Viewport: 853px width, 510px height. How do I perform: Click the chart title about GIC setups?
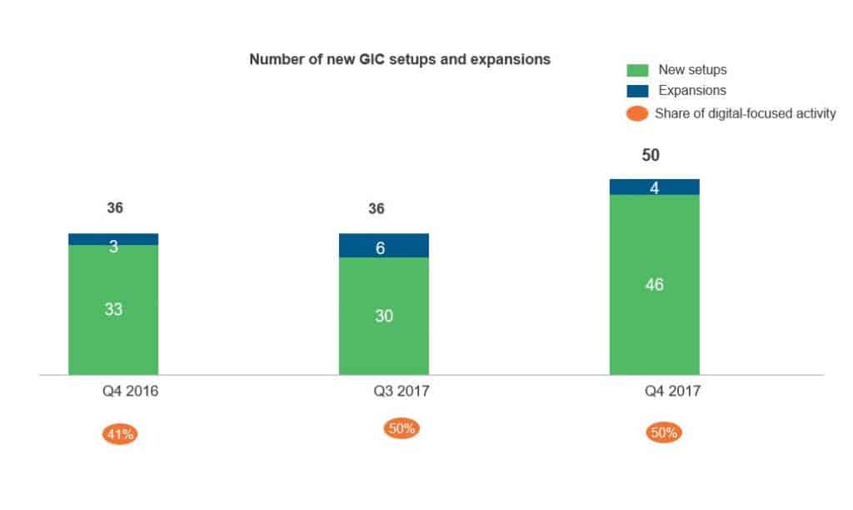400,60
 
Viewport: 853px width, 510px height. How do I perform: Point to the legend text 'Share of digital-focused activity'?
745,113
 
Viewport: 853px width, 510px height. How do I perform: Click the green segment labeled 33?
113,310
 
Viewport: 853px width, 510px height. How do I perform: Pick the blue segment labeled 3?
113,239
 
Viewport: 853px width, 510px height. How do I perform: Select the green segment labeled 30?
384,317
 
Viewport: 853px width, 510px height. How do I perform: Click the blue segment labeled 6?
384,246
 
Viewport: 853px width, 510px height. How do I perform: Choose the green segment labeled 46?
655,285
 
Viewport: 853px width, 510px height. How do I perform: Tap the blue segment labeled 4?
655,187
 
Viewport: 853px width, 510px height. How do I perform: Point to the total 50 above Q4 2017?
651,156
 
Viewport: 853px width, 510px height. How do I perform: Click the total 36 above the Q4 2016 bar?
115,208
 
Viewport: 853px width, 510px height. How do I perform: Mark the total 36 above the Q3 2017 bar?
377,208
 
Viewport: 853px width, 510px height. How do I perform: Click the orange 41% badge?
120,433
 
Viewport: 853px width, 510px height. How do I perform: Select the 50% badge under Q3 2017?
402,429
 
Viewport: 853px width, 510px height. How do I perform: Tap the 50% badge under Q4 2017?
664,433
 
